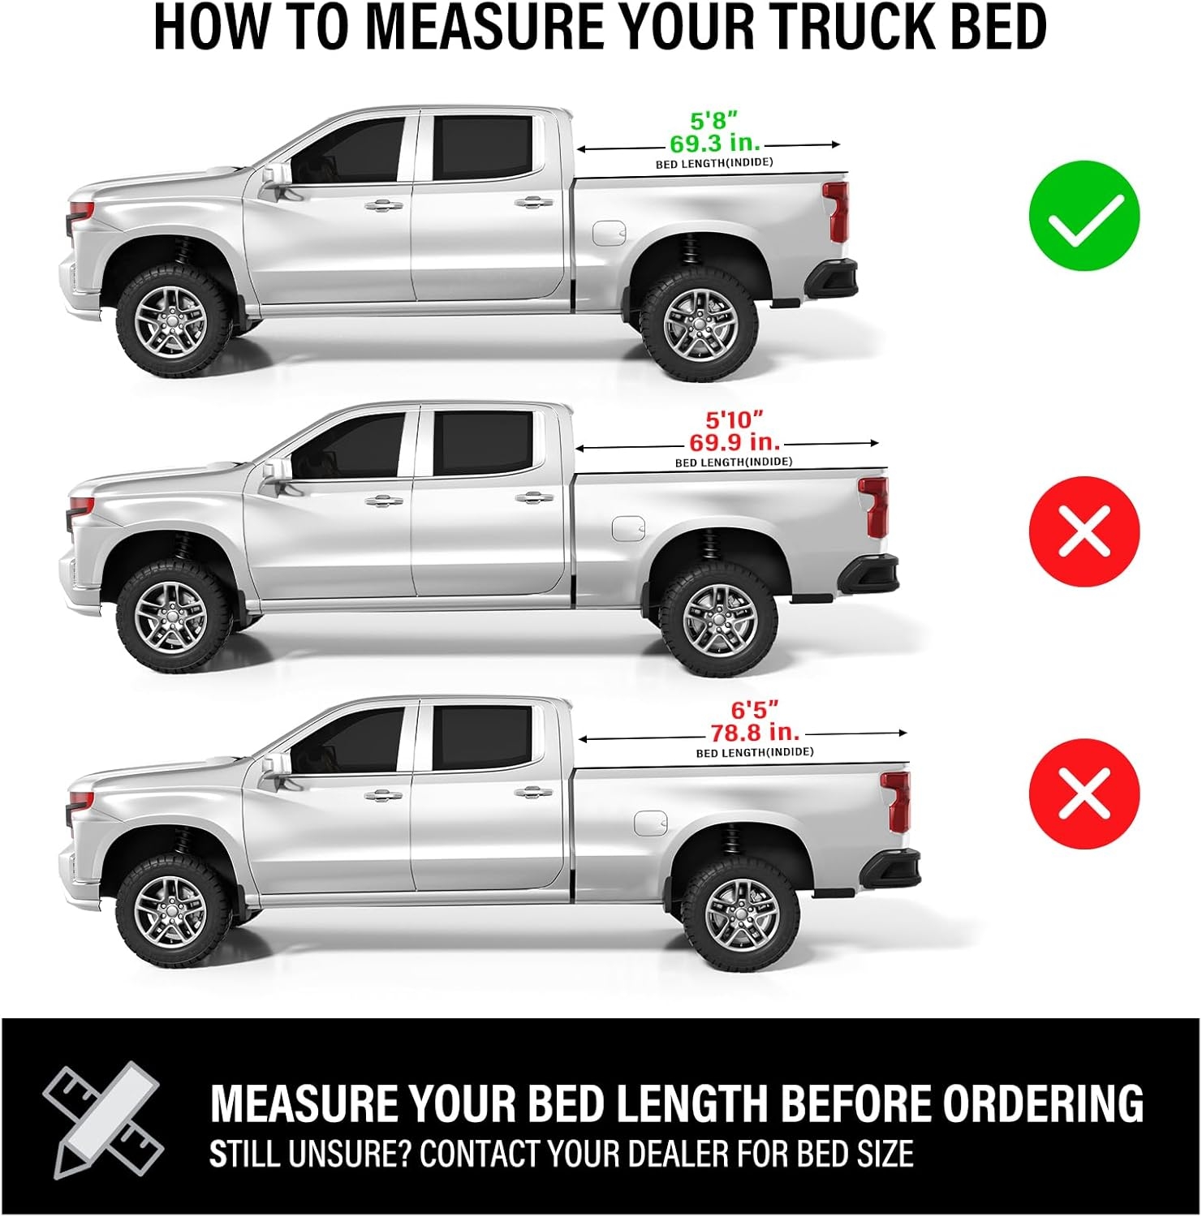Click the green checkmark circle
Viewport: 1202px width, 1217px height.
1084,217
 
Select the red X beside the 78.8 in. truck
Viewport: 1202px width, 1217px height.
1084,793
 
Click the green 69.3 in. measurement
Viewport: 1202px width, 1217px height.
715,144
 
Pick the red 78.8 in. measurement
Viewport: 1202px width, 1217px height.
756,732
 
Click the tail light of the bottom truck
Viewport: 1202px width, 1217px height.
897,801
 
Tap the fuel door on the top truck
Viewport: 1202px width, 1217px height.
608,232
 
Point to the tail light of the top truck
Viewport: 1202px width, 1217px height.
835,212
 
